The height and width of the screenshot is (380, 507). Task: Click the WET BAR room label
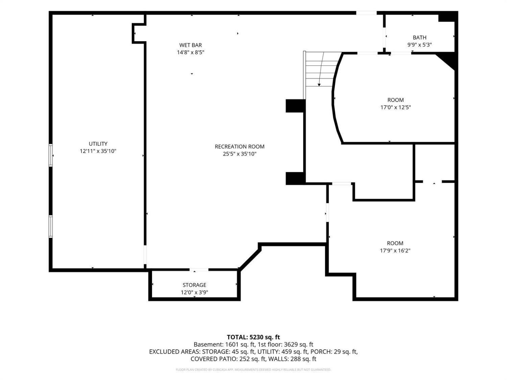click(x=191, y=45)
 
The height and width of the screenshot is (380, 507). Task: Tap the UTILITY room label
click(x=98, y=144)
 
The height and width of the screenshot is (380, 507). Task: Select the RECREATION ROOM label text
click(x=240, y=147)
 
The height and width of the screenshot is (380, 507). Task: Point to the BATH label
click(x=419, y=37)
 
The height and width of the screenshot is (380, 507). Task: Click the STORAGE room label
click(x=194, y=285)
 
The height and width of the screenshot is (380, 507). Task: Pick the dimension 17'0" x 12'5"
click(x=395, y=107)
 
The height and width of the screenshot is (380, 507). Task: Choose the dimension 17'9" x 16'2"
click(x=395, y=251)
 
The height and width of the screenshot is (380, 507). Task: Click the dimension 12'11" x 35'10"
click(x=98, y=151)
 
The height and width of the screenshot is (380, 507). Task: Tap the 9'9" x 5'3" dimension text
click(x=419, y=45)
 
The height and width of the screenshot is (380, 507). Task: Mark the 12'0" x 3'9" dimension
click(x=194, y=292)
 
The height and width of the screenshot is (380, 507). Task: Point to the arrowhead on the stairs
click(x=319, y=85)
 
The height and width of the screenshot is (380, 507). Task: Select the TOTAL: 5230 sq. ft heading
click(x=253, y=337)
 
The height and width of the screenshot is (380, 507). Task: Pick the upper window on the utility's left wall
click(x=50, y=155)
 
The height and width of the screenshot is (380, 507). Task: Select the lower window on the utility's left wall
click(x=50, y=226)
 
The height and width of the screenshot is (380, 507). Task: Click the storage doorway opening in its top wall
click(x=199, y=270)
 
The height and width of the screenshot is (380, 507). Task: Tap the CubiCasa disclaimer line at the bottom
click(x=253, y=370)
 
